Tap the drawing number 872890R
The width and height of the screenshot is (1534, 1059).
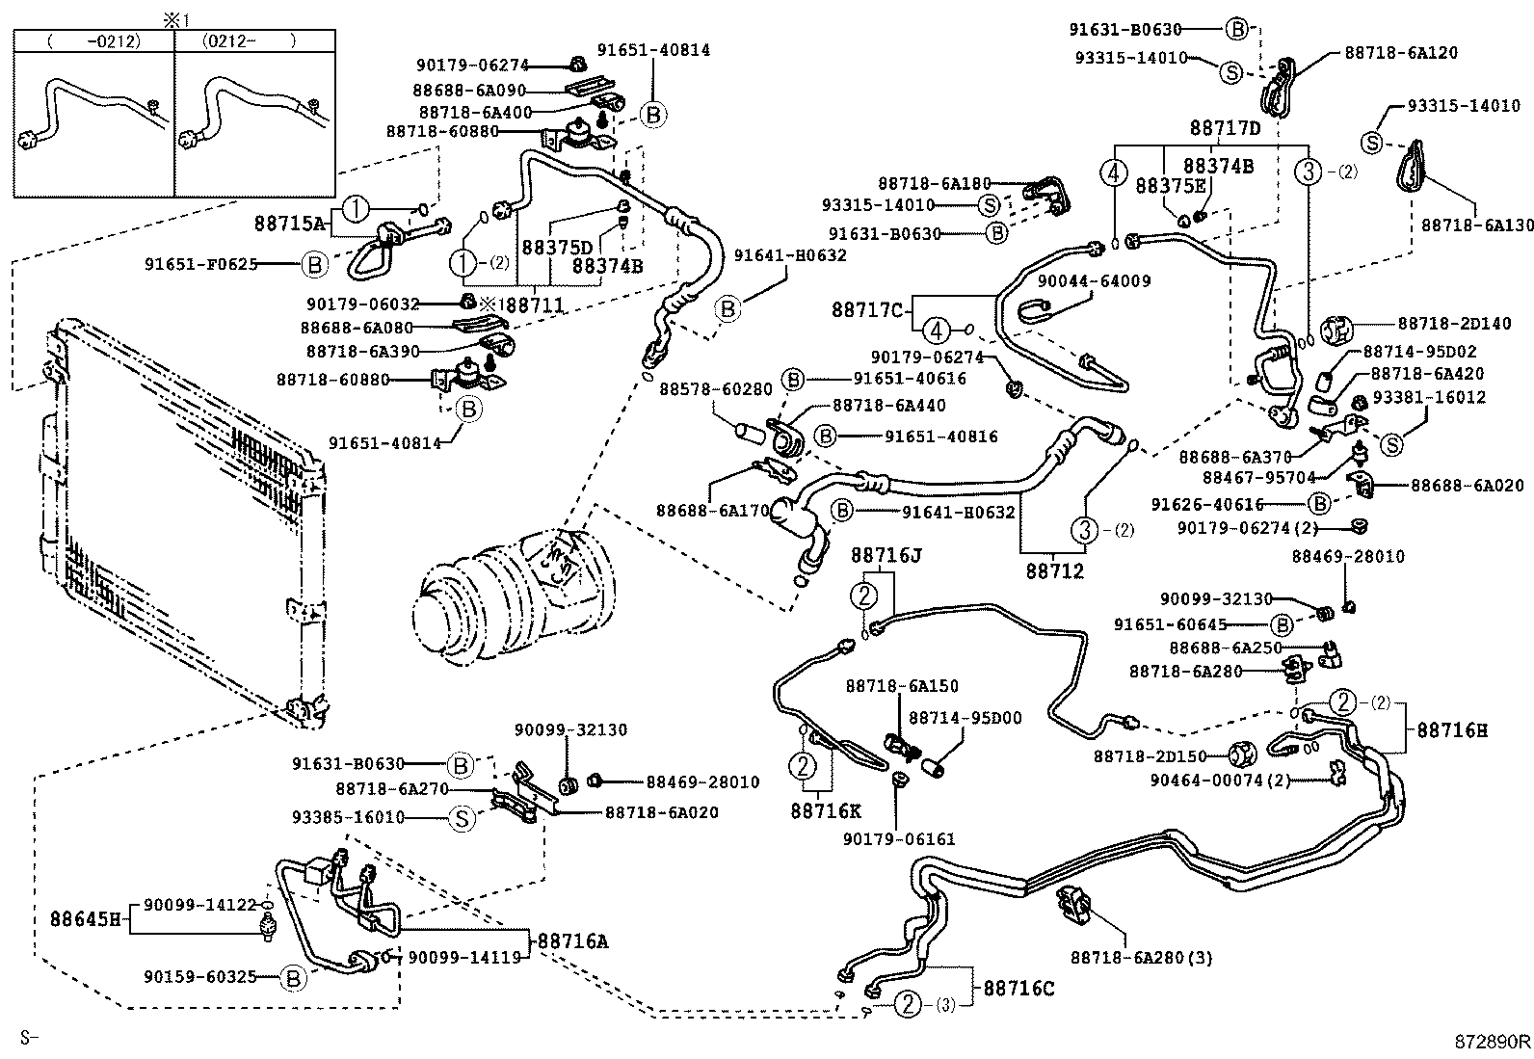[x=1492, y=1042]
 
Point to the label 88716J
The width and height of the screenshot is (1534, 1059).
[x=886, y=555]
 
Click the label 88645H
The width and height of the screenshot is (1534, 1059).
[x=86, y=919]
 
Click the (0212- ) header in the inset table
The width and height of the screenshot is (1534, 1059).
[x=249, y=41]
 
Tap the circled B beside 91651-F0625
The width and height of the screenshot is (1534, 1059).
[x=313, y=263]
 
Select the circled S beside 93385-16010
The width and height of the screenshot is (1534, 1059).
[x=462, y=818]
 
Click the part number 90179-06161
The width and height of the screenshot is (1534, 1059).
[x=898, y=839]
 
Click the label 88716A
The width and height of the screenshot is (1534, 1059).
[x=573, y=941]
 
